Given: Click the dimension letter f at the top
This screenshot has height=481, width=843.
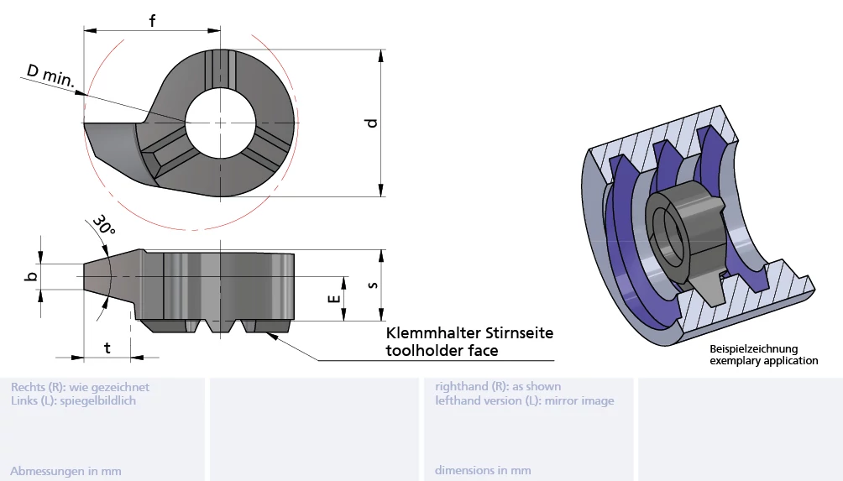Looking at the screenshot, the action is (152, 20).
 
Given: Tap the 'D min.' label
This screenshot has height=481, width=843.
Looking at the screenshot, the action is (50, 76).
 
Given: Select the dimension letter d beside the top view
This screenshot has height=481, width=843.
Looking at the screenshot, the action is (371, 123).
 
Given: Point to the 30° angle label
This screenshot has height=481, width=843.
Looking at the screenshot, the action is (104, 225).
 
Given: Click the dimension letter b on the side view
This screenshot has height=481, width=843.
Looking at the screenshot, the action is (32, 276).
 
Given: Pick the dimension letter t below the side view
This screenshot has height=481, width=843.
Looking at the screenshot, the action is (107, 348).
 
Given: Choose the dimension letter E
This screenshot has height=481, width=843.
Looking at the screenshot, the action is (334, 299).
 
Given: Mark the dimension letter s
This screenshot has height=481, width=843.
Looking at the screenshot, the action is (372, 285).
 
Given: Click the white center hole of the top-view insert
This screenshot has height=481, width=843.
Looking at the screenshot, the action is (221, 123).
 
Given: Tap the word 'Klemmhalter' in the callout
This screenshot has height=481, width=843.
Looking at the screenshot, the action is (433, 333).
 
